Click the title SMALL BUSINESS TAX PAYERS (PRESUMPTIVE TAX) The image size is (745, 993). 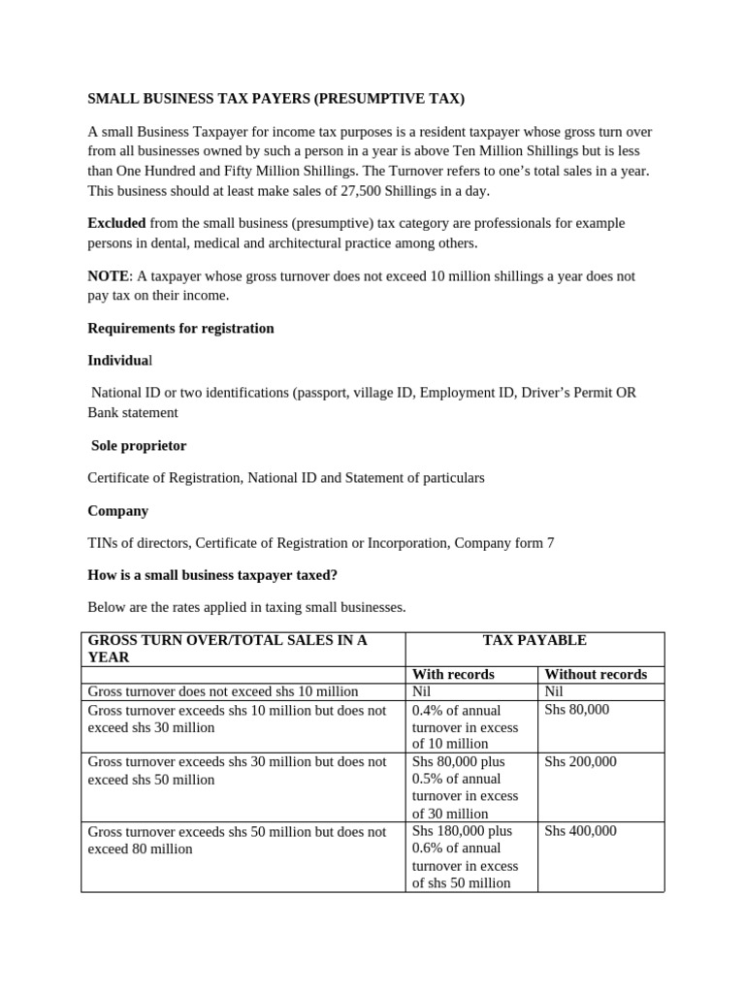276,98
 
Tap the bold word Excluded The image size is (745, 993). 117,223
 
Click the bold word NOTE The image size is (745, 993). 108,275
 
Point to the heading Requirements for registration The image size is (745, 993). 180,328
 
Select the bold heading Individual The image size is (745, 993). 119,361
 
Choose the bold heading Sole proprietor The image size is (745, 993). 139,445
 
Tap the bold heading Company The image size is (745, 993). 117,510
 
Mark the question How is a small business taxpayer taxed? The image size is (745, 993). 212,575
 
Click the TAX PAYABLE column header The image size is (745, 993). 534,641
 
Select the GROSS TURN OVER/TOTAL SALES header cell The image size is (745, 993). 228,649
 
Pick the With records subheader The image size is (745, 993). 453,674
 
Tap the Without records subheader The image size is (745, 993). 596,674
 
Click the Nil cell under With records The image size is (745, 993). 423,691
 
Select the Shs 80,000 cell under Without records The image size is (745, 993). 576,710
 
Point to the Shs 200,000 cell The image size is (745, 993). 580,762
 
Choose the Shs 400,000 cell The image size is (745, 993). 580,831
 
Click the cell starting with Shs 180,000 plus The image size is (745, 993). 466,856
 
